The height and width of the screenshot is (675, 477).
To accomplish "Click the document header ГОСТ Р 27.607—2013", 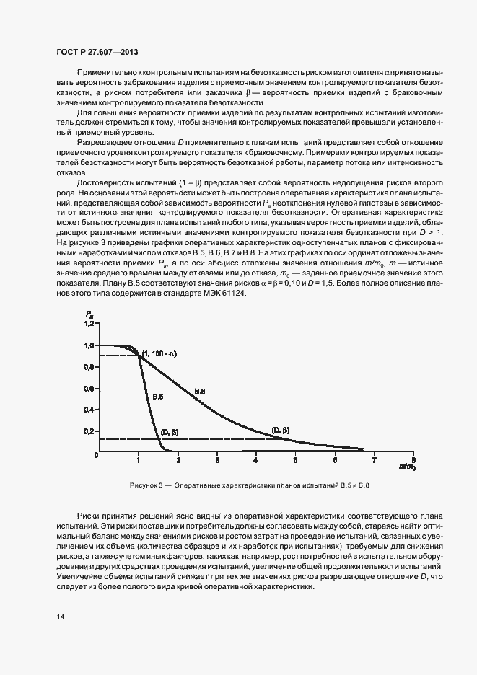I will pyautogui.click(x=97, y=53).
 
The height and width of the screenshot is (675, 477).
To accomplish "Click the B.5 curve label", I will pyautogui.click(x=157, y=396).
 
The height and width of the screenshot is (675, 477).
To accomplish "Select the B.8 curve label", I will pyautogui.click(x=201, y=391).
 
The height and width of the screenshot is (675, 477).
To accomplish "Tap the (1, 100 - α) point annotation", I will pyautogui.click(x=159, y=353).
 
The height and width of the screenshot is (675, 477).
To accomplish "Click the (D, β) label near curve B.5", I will pyautogui.click(x=169, y=431).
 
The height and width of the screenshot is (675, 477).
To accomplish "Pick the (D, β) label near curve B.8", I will pyautogui.click(x=280, y=431).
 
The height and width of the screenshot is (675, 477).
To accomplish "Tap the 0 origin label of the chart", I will pyautogui.click(x=95, y=456).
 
